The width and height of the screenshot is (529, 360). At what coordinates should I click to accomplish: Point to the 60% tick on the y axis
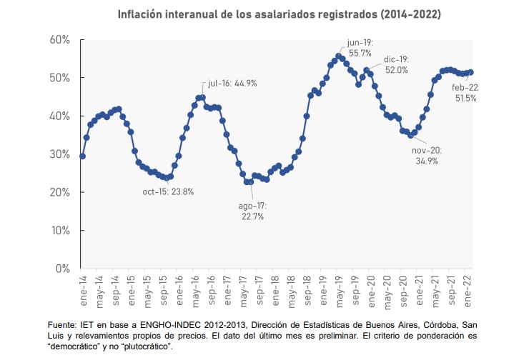59,39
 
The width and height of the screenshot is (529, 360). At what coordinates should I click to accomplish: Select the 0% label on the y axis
64,269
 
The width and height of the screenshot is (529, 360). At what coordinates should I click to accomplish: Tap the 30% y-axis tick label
59,154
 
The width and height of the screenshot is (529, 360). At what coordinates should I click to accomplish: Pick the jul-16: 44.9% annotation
232,83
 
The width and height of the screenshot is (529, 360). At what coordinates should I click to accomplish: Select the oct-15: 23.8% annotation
168,191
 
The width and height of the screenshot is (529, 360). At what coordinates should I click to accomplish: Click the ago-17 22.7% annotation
251,211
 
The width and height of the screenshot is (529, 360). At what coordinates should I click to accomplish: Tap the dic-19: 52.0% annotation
395,64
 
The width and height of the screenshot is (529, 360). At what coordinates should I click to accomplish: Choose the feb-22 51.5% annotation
465,93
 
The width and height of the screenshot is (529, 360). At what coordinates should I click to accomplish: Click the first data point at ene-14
82,156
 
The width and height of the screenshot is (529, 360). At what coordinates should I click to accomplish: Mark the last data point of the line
470,71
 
